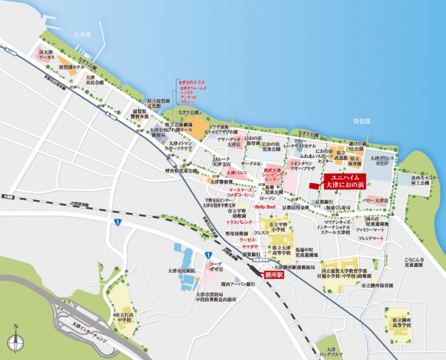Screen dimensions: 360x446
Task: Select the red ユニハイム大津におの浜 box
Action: (344, 182)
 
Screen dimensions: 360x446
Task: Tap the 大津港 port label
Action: (79, 35)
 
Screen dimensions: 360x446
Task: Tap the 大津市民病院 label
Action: (183, 271)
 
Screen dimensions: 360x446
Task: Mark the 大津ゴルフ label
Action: (331, 352)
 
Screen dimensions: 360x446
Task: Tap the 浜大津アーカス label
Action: (47, 56)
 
